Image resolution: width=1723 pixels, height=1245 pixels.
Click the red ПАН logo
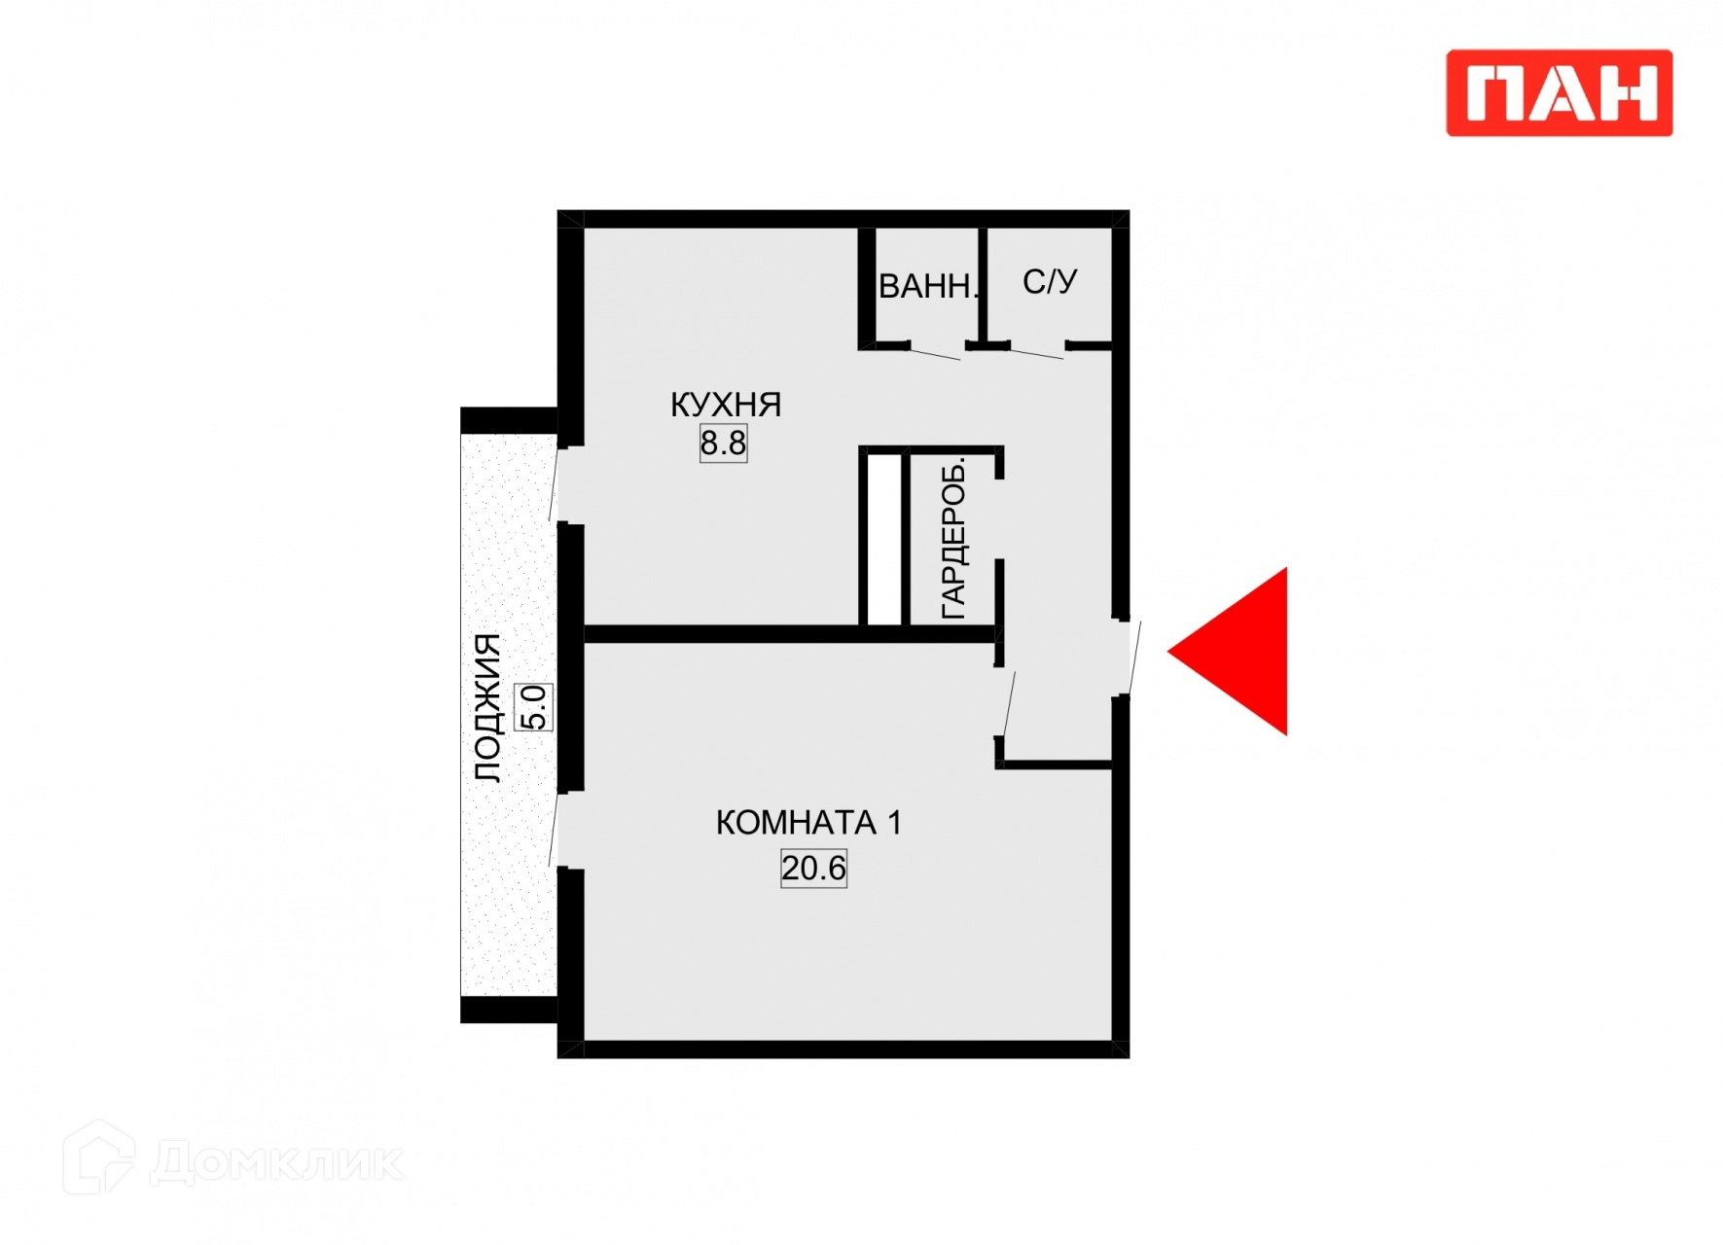pos(1559,93)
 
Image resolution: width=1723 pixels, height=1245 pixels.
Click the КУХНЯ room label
pos(726,405)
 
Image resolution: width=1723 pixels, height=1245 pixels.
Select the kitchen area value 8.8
pos(724,444)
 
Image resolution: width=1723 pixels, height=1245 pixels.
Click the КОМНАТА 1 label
pos(808,823)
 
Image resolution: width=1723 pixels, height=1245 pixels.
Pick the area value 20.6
pos(813,868)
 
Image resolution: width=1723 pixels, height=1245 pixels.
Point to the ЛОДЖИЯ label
pos(487,707)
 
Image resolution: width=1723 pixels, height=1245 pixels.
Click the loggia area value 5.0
pos(534,707)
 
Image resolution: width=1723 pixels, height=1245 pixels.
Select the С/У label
pos(1050,282)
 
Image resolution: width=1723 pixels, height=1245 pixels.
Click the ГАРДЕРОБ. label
pos(954,539)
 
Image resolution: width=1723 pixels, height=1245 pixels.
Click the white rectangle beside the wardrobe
pos(883,539)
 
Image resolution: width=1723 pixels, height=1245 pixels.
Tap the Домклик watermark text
pos(277,1162)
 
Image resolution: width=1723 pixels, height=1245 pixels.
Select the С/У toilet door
pos(1037,352)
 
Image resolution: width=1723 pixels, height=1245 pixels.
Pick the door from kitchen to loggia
pos(555,484)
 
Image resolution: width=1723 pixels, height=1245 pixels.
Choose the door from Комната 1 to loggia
pos(555,829)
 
